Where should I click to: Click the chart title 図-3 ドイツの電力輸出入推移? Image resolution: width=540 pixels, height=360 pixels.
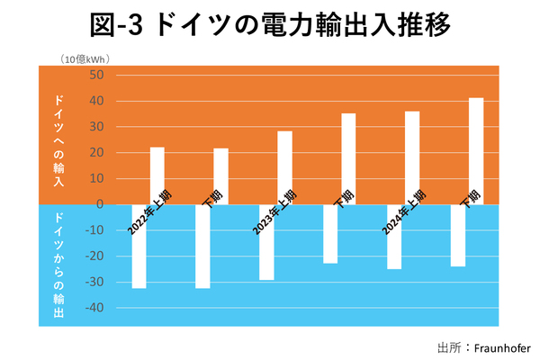tap(270, 25)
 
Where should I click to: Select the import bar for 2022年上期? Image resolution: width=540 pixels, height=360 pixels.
tap(157, 174)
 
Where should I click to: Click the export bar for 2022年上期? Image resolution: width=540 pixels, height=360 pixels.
tap(139, 247)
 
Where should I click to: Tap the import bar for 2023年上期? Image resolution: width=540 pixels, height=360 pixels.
tap(284, 166)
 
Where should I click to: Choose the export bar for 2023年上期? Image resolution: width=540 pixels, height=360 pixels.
tap(266, 242)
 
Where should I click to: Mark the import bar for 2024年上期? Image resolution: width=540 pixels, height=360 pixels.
tap(412, 157)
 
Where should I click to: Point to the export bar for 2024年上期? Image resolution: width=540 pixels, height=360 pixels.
tap(394, 237)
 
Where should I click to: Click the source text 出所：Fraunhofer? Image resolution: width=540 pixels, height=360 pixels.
tap(483, 347)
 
